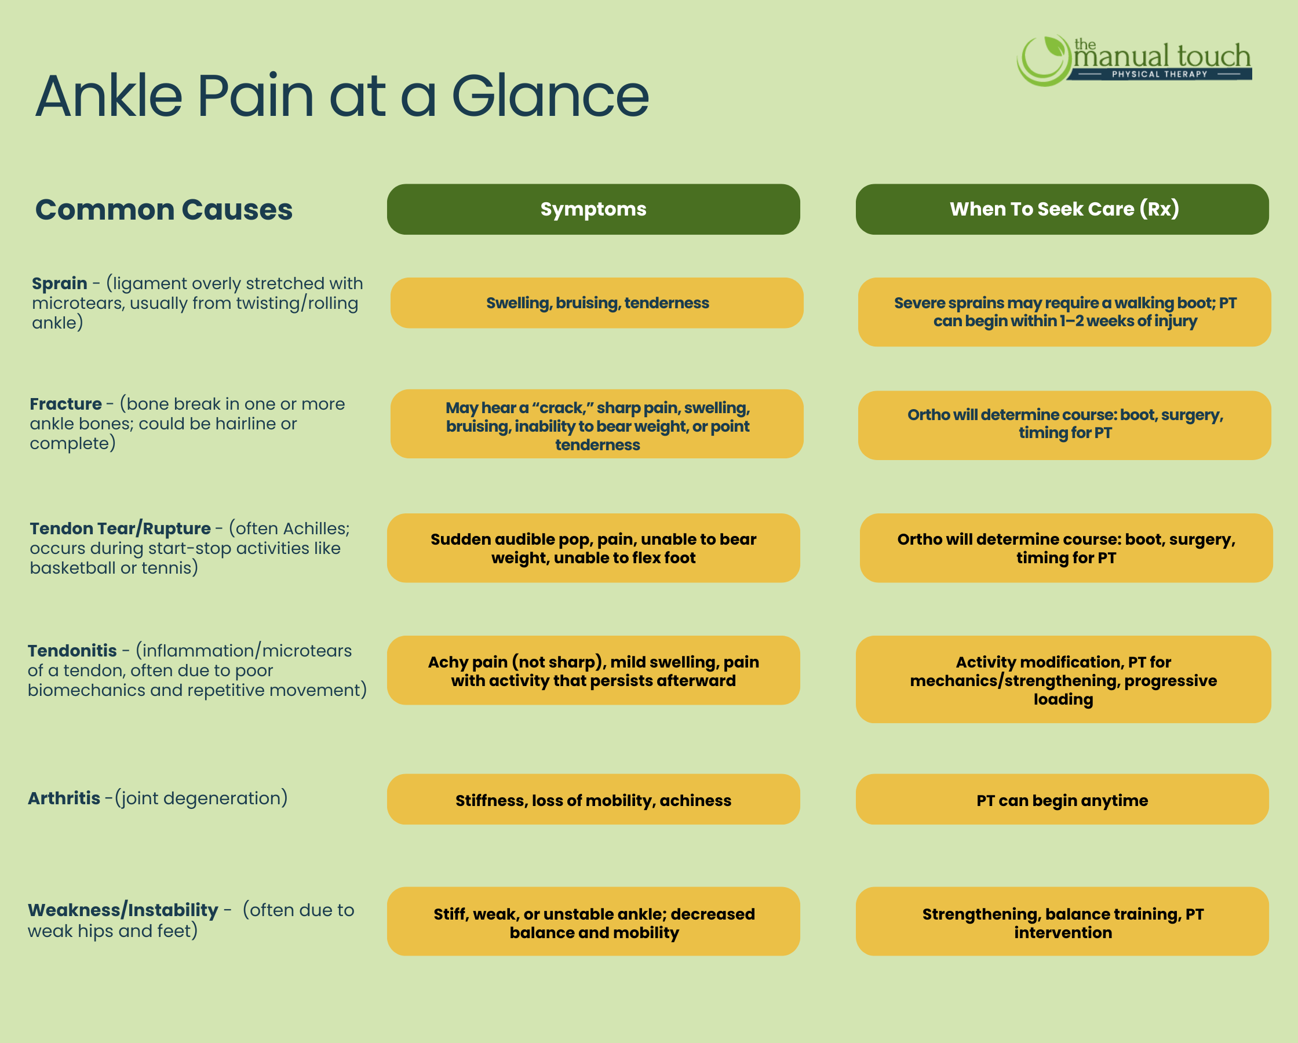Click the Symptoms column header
click(x=593, y=209)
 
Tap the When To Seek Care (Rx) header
click(x=1062, y=209)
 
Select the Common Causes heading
click(x=164, y=210)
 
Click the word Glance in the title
click(x=550, y=96)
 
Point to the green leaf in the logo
click(x=1054, y=46)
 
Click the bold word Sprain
click(x=60, y=283)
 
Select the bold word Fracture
click(x=65, y=403)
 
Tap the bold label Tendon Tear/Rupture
click(x=121, y=528)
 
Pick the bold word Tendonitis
click(x=72, y=650)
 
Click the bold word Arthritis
click(x=64, y=798)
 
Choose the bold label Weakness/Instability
click(x=123, y=910)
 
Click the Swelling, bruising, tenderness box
click(x=597, y=303)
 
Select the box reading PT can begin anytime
click(x=1062, y=799)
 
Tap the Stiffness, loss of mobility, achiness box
click(x=593, y=799)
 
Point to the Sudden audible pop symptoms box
click(x=593, y=548)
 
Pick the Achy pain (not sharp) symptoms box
click(x=593, y=670)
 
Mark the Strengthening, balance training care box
click(x=1062, y=921)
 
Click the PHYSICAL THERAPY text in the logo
click(x=1160, y=74)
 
